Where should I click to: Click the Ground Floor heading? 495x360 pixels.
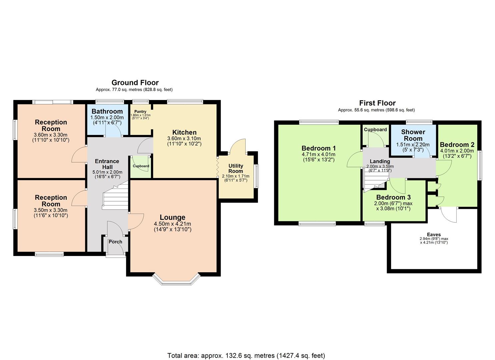click(x=135, y=82)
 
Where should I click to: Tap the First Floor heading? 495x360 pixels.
click(x=377, y=103)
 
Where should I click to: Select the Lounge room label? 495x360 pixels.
click(x=172, y=217)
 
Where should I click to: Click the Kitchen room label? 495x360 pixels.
click(x=184, y=132)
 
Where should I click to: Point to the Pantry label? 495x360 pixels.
click(x=140, y=112)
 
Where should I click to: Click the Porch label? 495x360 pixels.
click(x=115, y=242)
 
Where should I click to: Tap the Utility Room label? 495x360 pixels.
click(x=235, y=168)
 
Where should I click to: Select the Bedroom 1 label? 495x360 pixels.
click(x=318, y=148)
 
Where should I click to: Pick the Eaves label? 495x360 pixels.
click(x=434, y=235)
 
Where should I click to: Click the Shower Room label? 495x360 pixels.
click(x=413, y=135)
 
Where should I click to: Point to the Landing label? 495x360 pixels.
click(x=380, y=161)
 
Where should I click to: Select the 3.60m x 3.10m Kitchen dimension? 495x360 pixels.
click(x=184, y=138)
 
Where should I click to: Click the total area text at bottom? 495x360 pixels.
click(x=246, y=355)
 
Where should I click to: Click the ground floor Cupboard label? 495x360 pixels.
click(x=141, y=166)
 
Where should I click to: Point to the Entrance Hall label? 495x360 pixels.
click(x=107, y=164)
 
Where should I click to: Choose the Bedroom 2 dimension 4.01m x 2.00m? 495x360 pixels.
click(x=457, y=151)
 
